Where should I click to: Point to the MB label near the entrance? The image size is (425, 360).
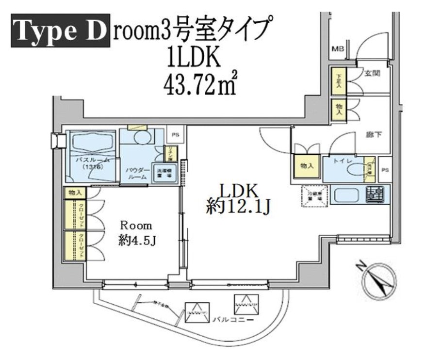[337, 49]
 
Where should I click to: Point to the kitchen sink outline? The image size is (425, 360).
[345, 196]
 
